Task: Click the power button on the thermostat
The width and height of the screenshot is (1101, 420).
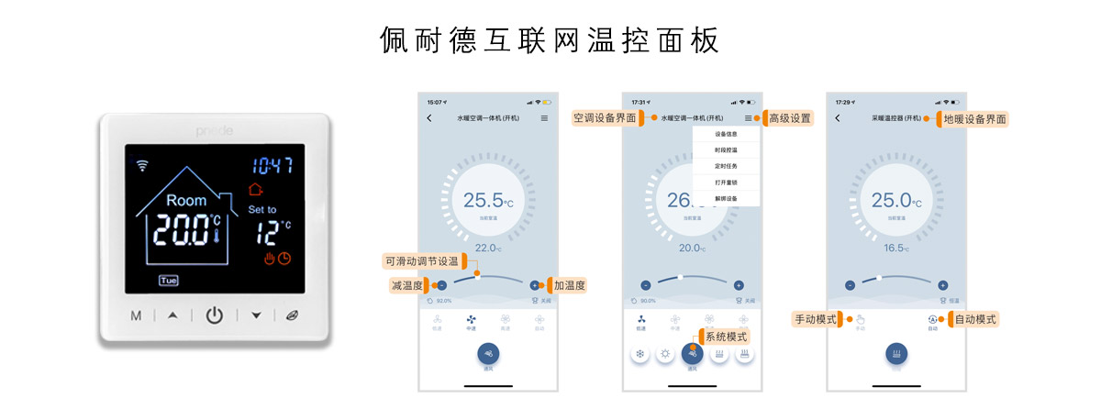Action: click(x=214, y=315)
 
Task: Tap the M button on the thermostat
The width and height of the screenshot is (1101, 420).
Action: click(x=136, y=316)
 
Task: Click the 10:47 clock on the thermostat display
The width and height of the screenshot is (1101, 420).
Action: click(x=272, y=166)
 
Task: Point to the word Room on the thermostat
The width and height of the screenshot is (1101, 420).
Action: click(x=186, y=200)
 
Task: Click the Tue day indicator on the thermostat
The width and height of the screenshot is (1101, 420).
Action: click(x=169, y=280)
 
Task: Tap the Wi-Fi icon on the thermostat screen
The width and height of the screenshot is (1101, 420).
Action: click(x=142, y=166)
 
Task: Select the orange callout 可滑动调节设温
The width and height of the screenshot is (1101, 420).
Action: click(x=422, y=260)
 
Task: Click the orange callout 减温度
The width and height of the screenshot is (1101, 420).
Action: click(x=406, y=285)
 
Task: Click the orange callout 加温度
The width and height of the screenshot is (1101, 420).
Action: click(x=569, y=285)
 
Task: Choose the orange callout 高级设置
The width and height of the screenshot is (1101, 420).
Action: click(x=789, y=118)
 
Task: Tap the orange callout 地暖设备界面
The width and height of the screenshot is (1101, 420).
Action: click(x=974, y=118)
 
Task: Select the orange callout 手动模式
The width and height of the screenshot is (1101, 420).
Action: click(x=816, y=319)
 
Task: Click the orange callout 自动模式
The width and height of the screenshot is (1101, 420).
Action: click(x=974, y=319)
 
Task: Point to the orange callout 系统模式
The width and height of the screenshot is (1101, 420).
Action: click(x=726, y=337)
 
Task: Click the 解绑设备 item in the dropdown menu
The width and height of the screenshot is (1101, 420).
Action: click(x=726, y=198)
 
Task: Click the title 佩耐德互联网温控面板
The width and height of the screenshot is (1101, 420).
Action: click(x=550, y=40)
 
